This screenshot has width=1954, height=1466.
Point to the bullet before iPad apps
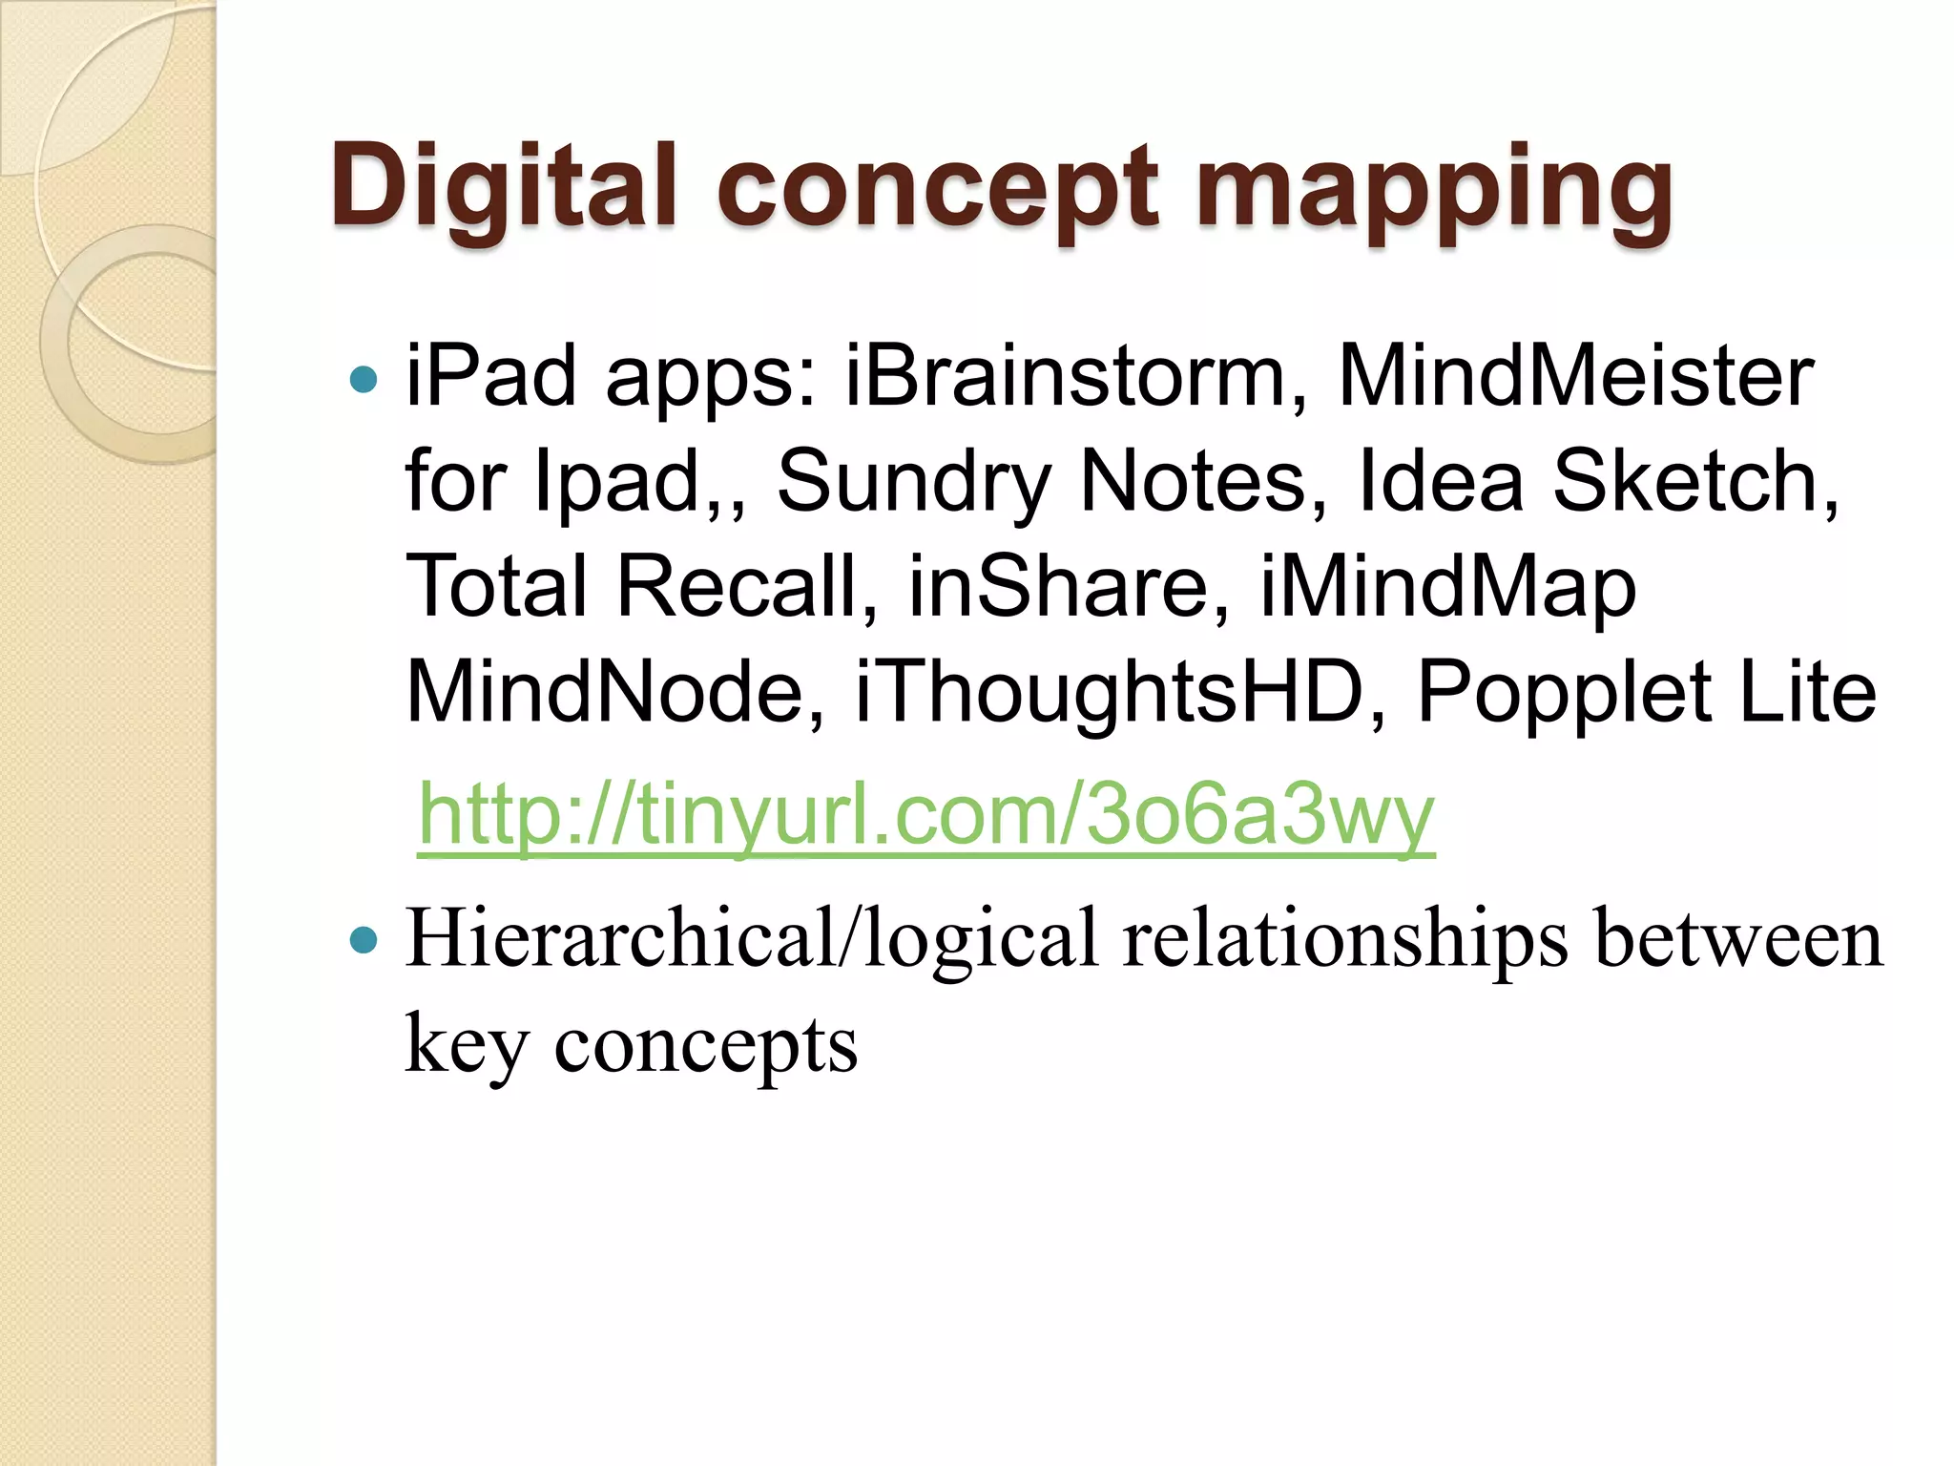[x=364, y=381]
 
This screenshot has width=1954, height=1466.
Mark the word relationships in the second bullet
[x=1345, y=939]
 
